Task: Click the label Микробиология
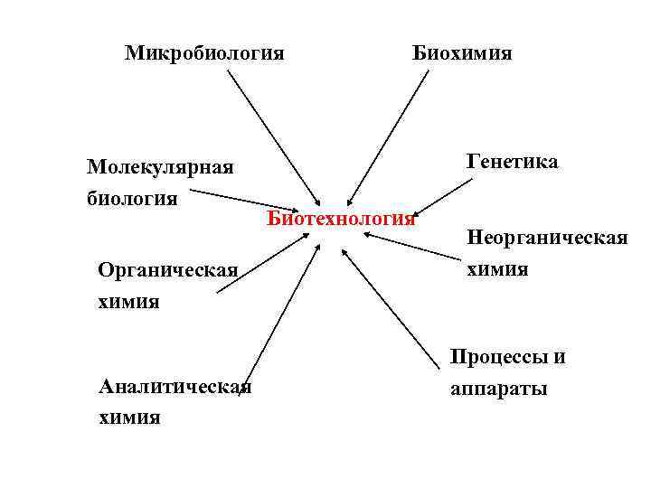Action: click(204, 53)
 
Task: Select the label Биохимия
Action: click(462, 53)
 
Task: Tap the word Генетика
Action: click(513, 162)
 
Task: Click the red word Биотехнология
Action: click(341, 219)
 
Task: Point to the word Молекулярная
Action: click(160, 167)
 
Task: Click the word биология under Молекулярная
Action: click(132, 197)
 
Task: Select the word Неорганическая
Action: click(547, 239)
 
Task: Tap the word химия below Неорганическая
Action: click(497, 269)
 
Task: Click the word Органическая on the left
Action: click(168, 270)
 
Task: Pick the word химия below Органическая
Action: click(128, 301)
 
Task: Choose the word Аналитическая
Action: click(175, 387)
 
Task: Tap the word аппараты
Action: click(498, 390)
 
